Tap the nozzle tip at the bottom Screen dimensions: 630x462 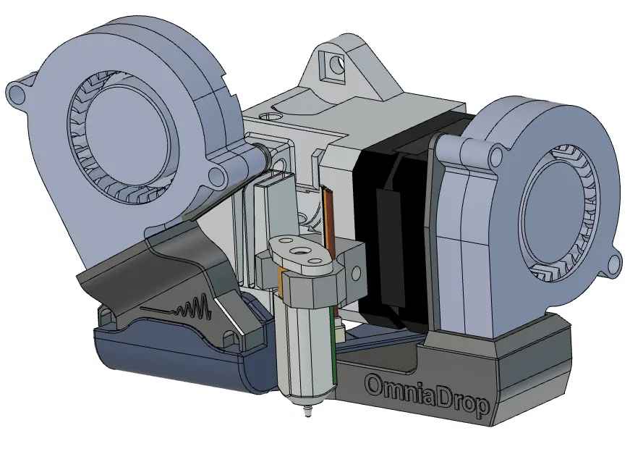click(308, 414)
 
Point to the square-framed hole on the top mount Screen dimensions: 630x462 click(333, 64)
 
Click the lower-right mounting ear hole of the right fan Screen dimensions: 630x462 click(614, 264)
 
